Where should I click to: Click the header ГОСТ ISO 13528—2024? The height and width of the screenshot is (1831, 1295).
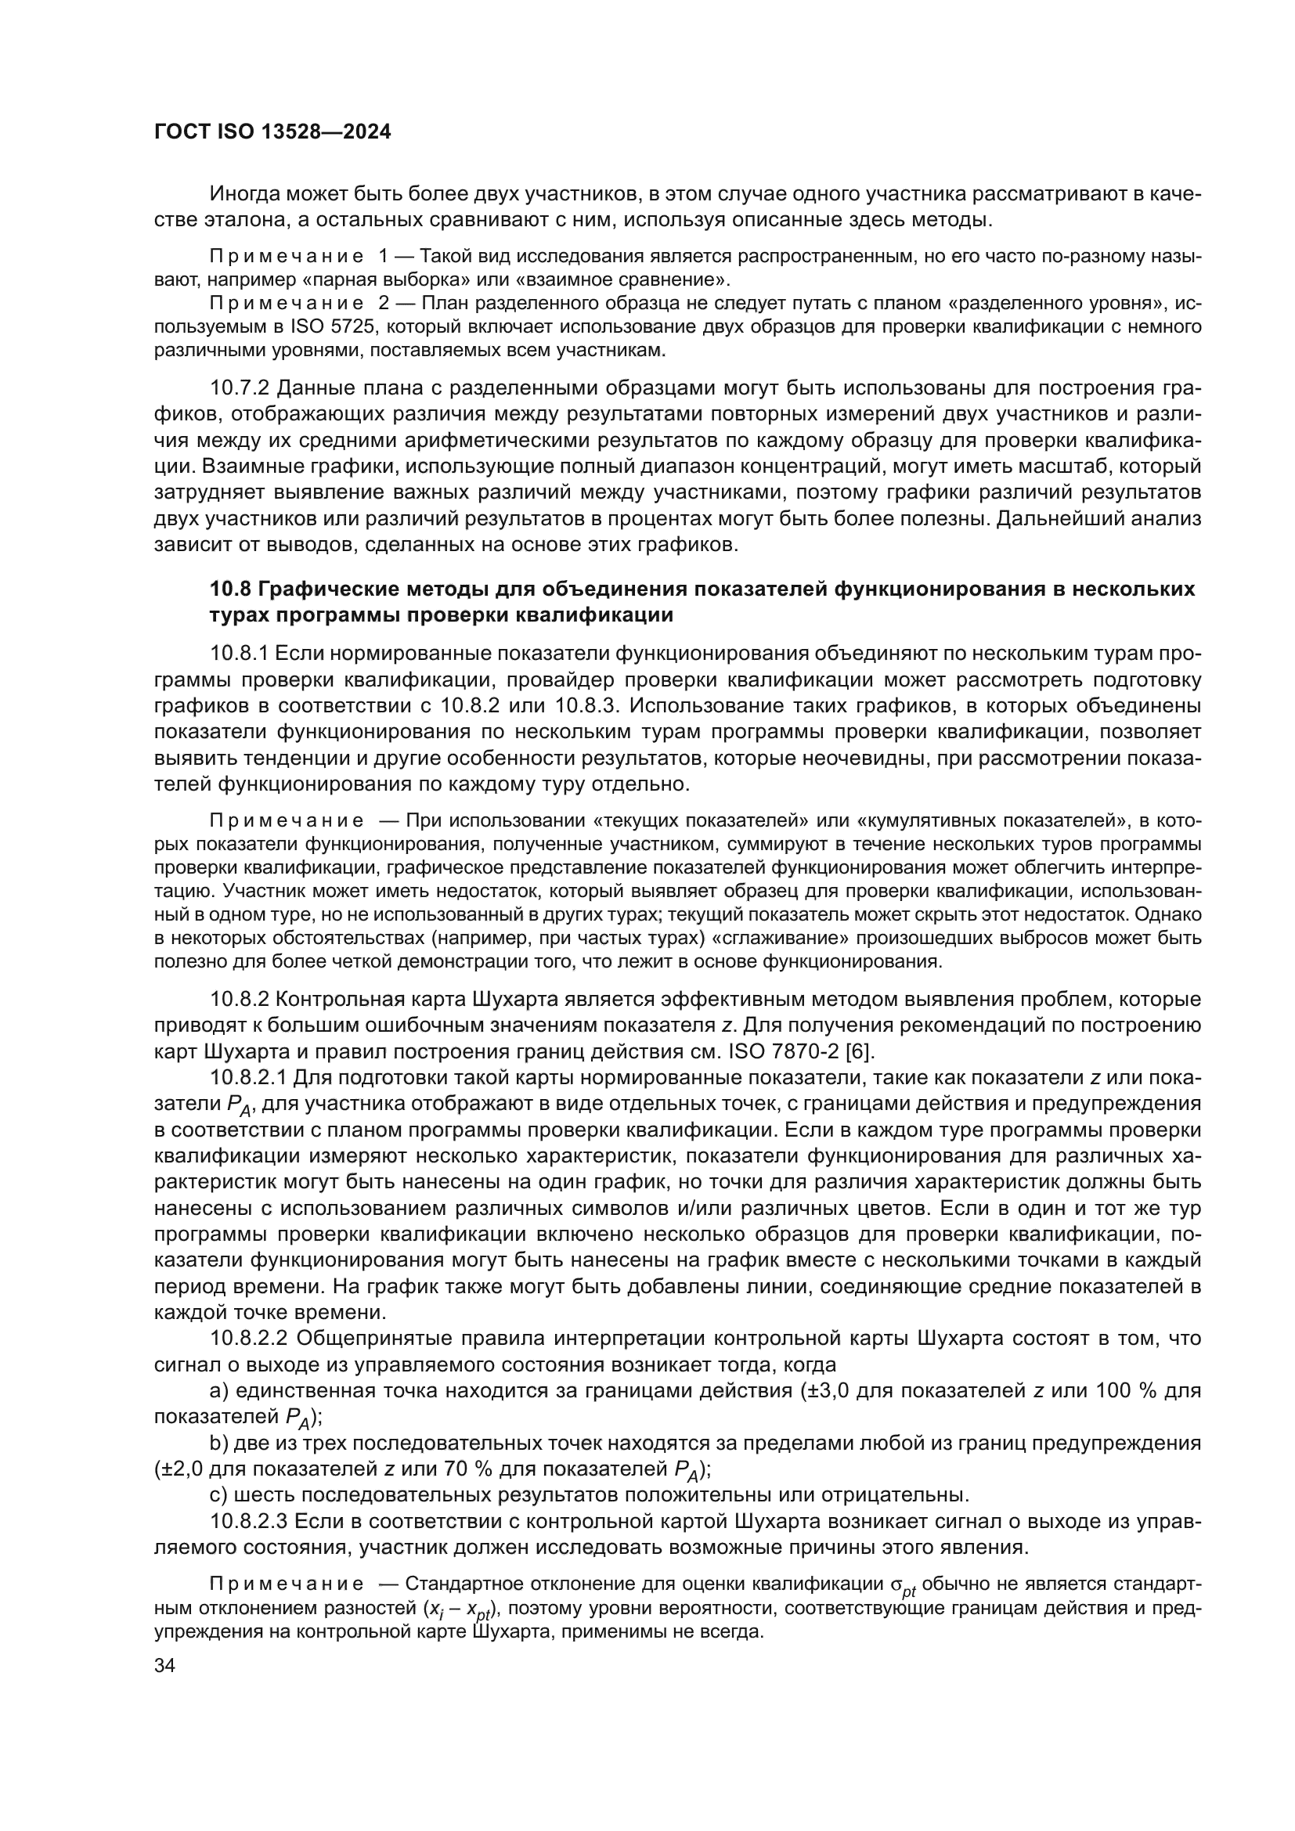pyautogui.click(x=272, y=132)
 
